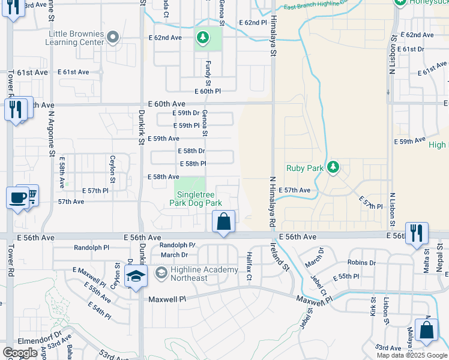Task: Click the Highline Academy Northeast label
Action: pos(196,274)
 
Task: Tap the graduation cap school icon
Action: pos(136,278)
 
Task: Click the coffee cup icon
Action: pos(16,197)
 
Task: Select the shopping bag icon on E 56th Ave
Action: pos(223,221)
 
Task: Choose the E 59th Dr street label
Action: pos(185,113)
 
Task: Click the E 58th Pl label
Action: pos(193,164)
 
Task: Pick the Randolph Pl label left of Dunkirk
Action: pos(91,247)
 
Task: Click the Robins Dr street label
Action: pos(361,263)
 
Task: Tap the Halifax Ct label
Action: pos(249,260)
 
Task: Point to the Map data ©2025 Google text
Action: pos(411,355)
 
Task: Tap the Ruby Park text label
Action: pos(305,169)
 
